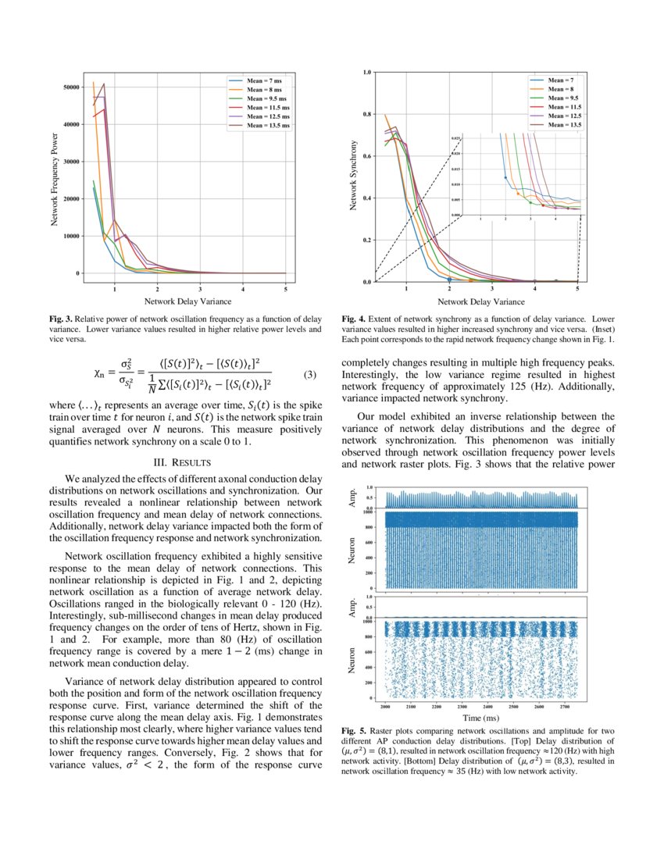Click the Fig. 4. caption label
[x=354, y=319]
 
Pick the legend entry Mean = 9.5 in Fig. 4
[x=562, y=98]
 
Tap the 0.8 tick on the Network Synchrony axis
[x=366, y=115]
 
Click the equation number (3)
[x=309, y=375]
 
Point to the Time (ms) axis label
[x=480, y=717]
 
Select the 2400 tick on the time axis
[x=487, y=705]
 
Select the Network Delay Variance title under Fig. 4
[x=480, y=301]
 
